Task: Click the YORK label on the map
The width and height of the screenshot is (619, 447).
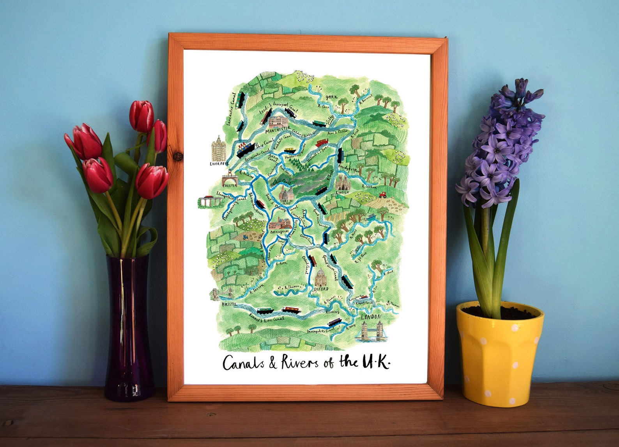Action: coord(331,97)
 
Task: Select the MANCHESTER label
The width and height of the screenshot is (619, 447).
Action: coord(278,128)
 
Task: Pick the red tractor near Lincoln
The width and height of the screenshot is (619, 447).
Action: coord(382,194)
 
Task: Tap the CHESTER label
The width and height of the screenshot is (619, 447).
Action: coord(229,185)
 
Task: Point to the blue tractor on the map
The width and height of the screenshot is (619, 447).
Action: coord(245,237)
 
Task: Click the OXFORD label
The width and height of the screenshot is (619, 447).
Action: coord(321,289)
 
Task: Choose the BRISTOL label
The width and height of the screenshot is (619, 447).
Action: coord(229,304)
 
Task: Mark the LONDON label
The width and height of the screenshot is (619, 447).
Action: coord(370,317)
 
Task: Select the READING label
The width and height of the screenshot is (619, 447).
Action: coord(333,312)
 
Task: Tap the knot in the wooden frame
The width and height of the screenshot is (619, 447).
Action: coord(178,157)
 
